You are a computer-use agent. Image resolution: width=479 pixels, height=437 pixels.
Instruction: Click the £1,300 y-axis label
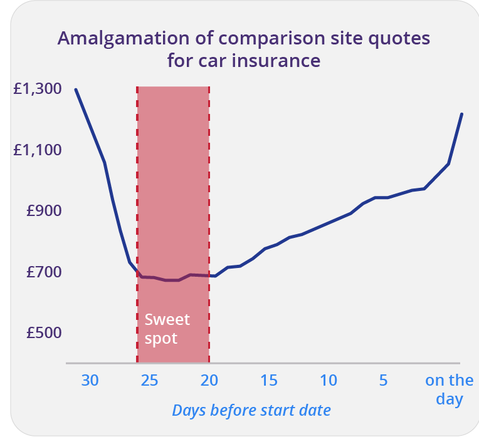tap(38, 89)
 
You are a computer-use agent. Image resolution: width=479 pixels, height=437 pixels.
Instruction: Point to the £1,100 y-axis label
tap(38, 150)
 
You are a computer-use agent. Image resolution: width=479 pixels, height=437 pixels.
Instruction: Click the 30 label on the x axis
tap(90, 380)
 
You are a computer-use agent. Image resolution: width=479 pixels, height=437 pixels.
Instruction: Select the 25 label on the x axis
tap(149, 380)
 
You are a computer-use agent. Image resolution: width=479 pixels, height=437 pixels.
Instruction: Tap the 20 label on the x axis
tap(209, 380)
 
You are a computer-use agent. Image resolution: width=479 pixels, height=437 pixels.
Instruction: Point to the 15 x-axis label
tap(269, 380)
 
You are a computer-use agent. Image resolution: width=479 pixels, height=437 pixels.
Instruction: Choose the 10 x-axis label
tap(329, 380)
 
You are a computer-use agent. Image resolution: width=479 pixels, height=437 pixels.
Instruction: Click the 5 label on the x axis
tap(383, 380)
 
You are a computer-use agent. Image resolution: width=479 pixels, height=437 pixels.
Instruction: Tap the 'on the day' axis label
tap(449, 389)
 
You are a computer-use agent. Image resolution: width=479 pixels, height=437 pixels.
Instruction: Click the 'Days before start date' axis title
tap(251, 411)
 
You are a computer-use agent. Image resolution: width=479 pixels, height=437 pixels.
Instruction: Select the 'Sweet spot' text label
tap(167, 329)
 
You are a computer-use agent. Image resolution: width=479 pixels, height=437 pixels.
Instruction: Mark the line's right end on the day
tap(461, 114)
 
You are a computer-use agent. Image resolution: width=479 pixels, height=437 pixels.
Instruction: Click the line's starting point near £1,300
tap(76, 90)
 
